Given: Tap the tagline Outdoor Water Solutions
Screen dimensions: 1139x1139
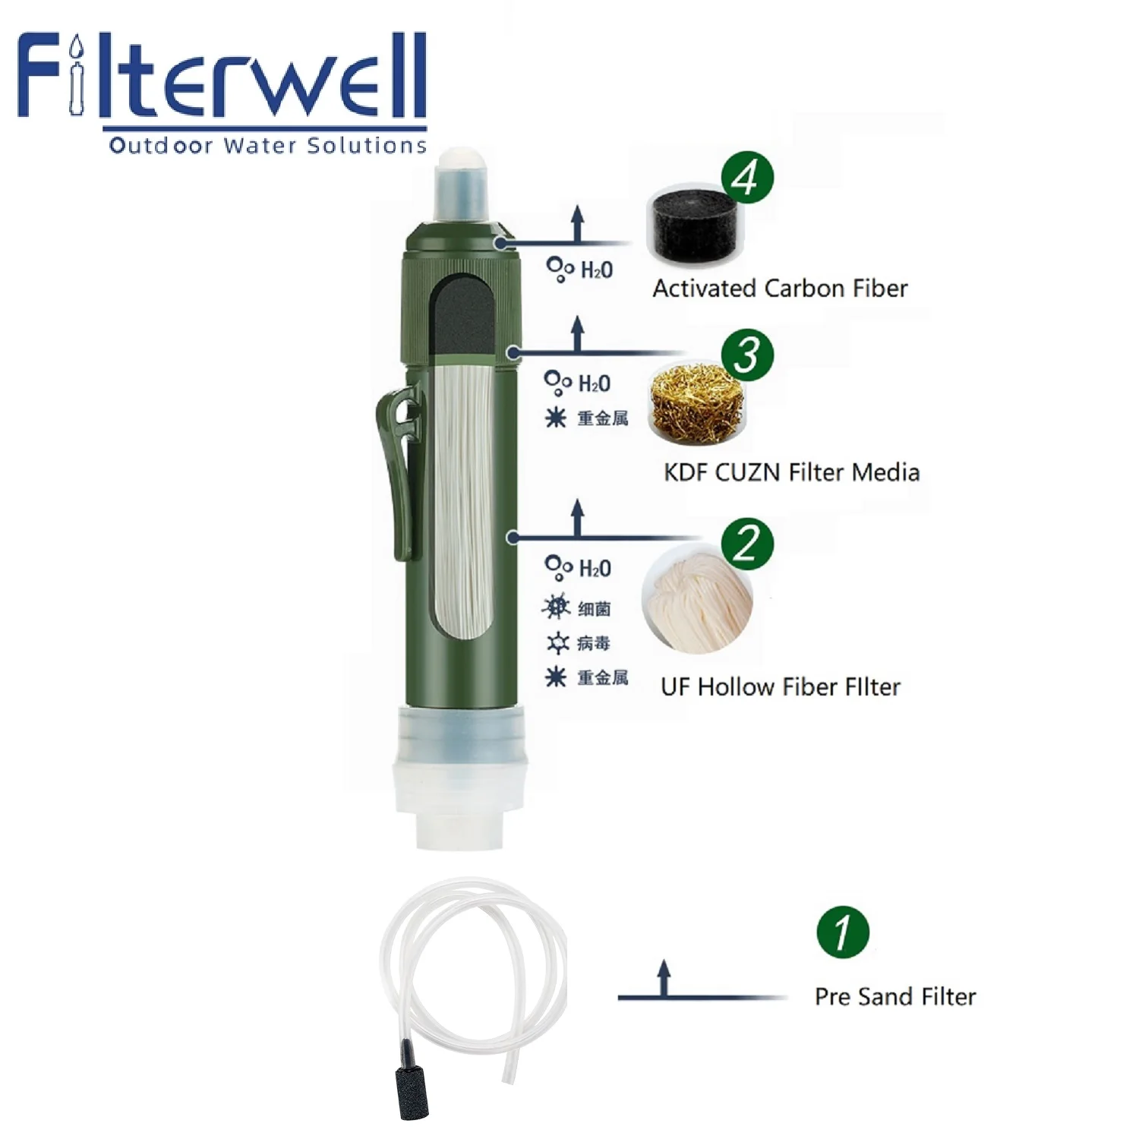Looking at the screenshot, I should pos(267,145).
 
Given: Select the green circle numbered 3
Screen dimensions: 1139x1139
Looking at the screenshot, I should pos(747,355).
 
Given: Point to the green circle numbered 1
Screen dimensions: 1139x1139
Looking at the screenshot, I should pos(843,932).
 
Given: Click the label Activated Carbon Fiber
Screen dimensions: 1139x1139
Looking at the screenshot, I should pos(780,289).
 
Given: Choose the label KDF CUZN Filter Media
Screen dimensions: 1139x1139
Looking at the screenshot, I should pos(791,472).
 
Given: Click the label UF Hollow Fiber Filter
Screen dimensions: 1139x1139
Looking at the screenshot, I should pos(781,687).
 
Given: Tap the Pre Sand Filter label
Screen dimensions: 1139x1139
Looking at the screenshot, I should pos(895,996).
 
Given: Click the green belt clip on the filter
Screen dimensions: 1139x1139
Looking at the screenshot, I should pos(400,471).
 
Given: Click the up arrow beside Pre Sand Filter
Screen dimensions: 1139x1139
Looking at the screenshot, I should pos(664,978).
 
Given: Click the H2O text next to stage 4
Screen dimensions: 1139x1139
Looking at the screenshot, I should pos(596,270).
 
